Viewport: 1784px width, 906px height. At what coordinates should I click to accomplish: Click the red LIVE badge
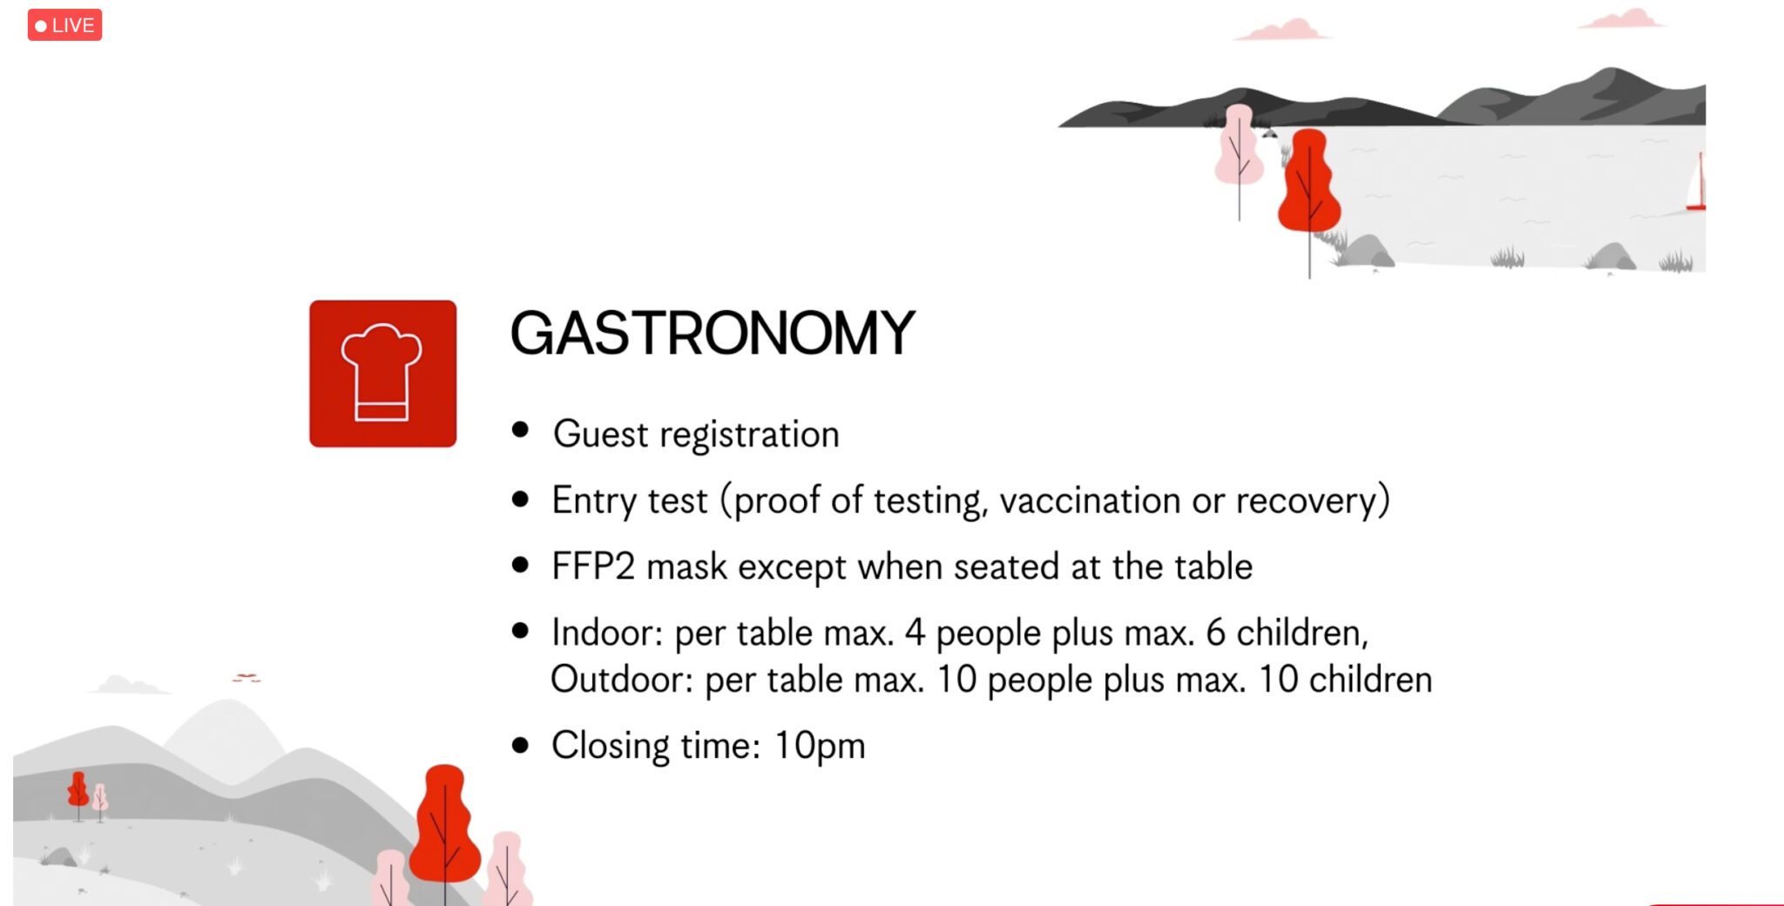[64, 25]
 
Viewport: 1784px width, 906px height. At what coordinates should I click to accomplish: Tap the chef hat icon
[382, 374]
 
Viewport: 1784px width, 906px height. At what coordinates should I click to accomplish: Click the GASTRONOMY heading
[712, 333]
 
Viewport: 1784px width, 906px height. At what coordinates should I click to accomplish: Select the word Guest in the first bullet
[601, 434]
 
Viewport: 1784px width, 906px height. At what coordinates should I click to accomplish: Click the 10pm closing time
[820, 746]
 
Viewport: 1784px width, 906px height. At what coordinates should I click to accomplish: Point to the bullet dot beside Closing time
[521, 745]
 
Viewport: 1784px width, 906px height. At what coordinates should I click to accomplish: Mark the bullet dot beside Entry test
[521, 499]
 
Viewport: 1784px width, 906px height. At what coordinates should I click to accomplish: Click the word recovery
[1306, 501]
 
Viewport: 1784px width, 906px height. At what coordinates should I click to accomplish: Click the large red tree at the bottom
[444, 828]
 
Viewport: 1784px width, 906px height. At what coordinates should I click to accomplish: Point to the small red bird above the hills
[247, 677]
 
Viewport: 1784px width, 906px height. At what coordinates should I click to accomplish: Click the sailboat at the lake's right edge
[1697, 183]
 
